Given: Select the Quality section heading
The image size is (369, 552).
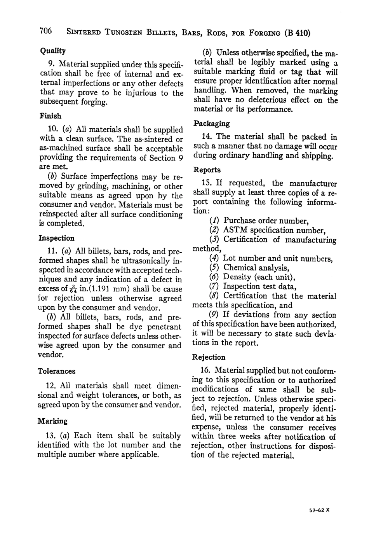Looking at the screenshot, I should point(53,51).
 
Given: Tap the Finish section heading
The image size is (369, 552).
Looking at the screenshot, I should point(50,116).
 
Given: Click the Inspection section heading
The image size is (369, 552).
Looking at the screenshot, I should point(57,238).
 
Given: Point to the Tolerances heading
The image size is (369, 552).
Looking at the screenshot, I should point(57,371).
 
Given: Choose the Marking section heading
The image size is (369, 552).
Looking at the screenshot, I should point(52,421).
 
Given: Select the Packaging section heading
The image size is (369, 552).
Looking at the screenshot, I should point(211,124).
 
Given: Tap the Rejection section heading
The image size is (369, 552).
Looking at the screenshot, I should point(209,357).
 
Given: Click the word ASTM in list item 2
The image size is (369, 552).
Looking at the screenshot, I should point(236,230).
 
